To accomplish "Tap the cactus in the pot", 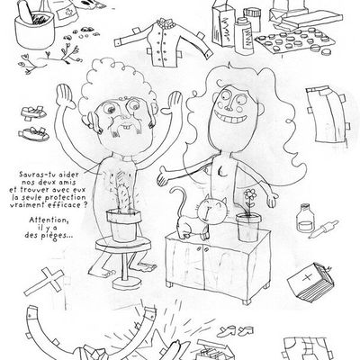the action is (122, 196).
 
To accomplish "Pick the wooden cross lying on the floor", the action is (44, 281).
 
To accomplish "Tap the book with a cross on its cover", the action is (310, 281).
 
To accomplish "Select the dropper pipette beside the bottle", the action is (323, 229).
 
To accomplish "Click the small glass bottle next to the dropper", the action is (306, 218).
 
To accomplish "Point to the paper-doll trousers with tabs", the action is (327, 115).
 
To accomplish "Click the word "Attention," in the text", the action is (49, 220).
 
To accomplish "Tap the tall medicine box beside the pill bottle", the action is (223, 27).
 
